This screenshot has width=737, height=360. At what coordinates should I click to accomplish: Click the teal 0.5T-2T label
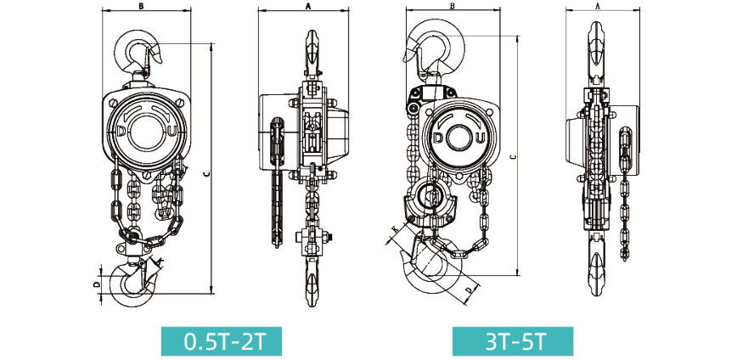[x=222, y=341]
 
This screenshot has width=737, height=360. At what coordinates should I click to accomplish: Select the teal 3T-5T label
[x=513, y=341]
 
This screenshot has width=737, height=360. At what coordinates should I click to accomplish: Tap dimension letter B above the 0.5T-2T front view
[x=142, y=6]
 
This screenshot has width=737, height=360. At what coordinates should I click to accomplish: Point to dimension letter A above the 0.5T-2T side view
[x=308, y=6]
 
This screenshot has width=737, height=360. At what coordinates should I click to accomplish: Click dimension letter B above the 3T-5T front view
[x=453, y=6]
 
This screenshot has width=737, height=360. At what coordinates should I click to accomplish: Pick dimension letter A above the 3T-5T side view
[x=598, y=6]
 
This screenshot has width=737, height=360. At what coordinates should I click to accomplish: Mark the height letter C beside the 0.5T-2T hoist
[x=207, y=173]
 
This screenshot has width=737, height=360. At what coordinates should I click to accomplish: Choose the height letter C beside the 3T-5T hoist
[x=513, y=156]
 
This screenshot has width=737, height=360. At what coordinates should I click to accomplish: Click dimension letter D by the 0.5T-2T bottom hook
[x=96, y=284]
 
